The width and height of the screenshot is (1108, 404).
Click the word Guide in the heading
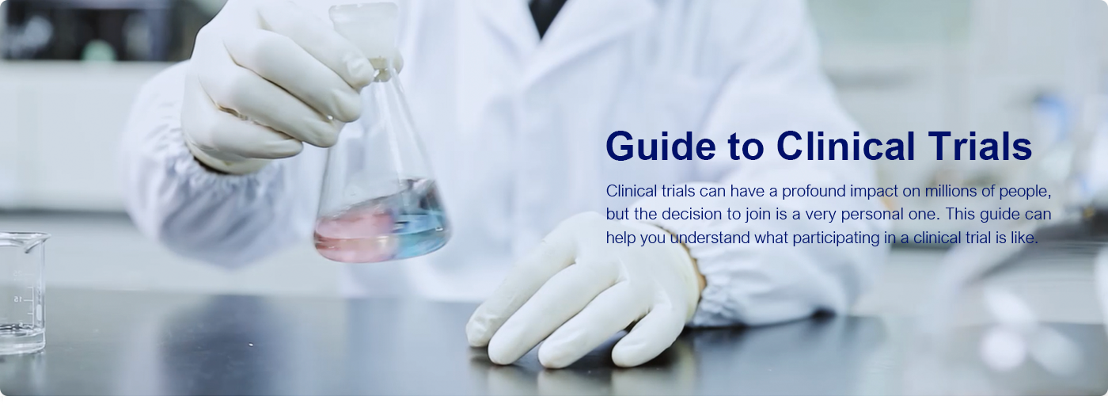pos(661,146)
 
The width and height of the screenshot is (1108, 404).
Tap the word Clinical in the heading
pos(845,146)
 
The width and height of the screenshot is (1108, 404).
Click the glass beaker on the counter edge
pos(22,292)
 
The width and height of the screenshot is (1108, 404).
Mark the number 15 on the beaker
pos(17,299)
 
